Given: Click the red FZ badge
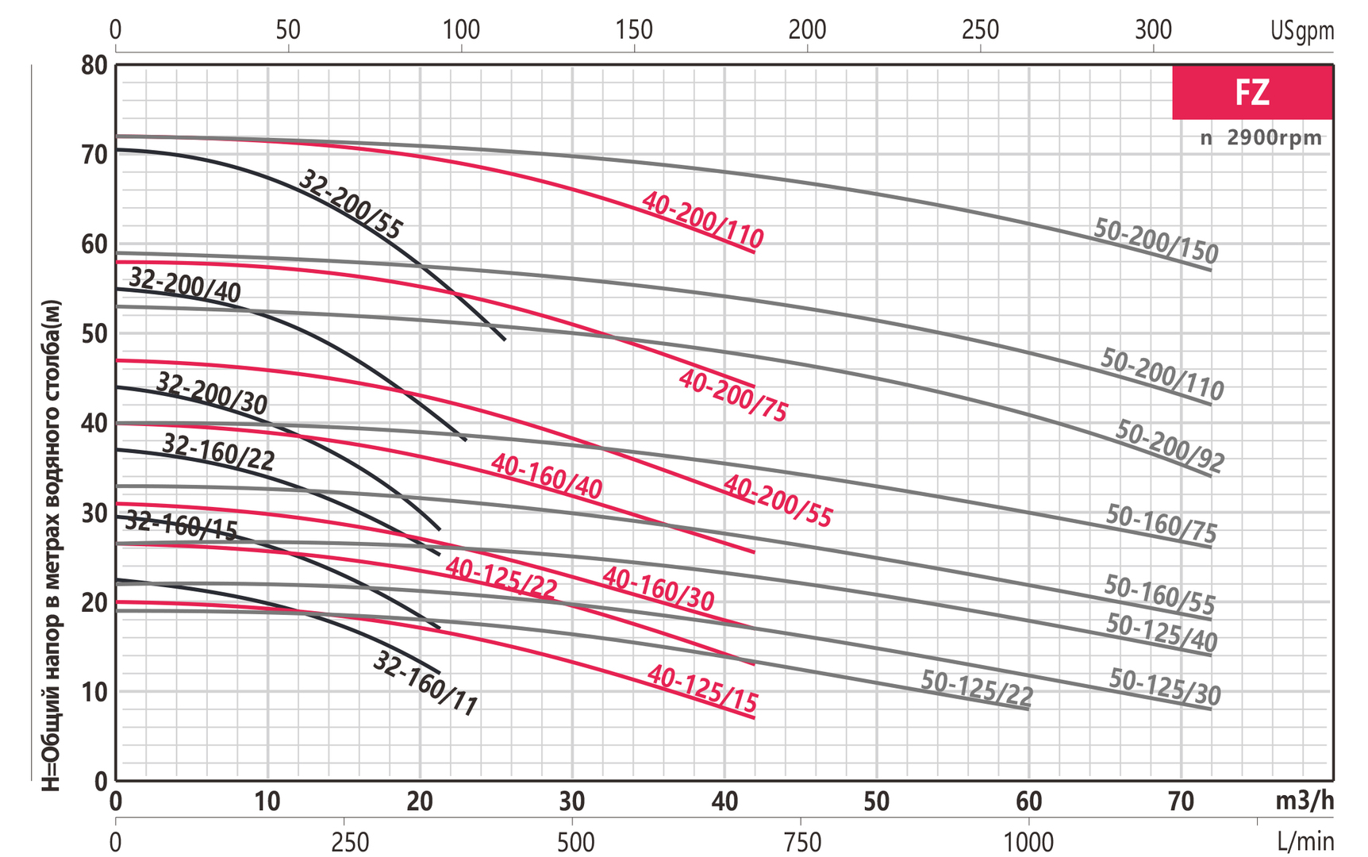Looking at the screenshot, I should (1252, 93).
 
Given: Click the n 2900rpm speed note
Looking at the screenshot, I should (1261, 138).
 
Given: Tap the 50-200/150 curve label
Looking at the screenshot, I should (1155, 240).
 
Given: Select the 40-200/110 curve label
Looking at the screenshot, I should (702, 220).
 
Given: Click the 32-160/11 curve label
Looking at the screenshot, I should (425, 683).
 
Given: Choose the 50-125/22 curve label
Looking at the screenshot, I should (977, 688).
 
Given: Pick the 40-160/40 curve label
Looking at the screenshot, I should (547, 476).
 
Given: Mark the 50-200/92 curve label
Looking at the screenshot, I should (1170, 447).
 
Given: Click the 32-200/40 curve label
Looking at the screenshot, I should (185, 285).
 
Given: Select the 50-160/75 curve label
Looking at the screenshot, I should (1161, 525).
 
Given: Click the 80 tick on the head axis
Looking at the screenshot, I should (94, 65).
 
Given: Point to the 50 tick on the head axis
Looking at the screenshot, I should (94, 333).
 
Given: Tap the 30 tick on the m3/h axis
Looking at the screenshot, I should (572, 801).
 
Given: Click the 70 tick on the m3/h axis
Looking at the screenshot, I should (1182, 801).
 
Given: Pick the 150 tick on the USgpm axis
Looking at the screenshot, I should (634, 30).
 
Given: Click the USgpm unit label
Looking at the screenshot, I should (1302, 31).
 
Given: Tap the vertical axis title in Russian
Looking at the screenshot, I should (51, 545).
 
